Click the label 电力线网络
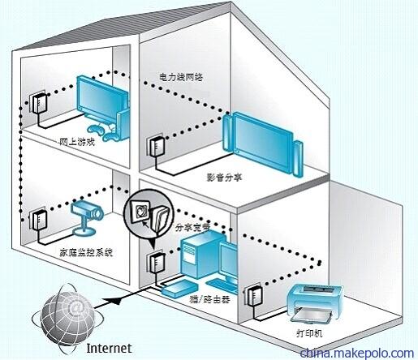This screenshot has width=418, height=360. tap(181, 77)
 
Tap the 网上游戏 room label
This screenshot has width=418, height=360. tap(77, 142)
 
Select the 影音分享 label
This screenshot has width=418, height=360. tap(225, 177)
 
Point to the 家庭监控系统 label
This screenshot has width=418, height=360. tap(86, 252)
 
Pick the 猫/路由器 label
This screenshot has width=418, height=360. tap(210, 300)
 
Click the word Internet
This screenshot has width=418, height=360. tap(109, 348)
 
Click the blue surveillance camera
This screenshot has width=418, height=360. tap(87, 216)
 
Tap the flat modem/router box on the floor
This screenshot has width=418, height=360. tap(179, 289)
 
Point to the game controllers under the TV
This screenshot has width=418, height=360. tap(104, 132)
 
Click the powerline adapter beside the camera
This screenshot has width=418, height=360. tap(40, 221)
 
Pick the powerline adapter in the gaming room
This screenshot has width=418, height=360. tap(40, 104)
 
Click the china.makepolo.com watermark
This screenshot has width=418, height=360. tap(357, 353)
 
